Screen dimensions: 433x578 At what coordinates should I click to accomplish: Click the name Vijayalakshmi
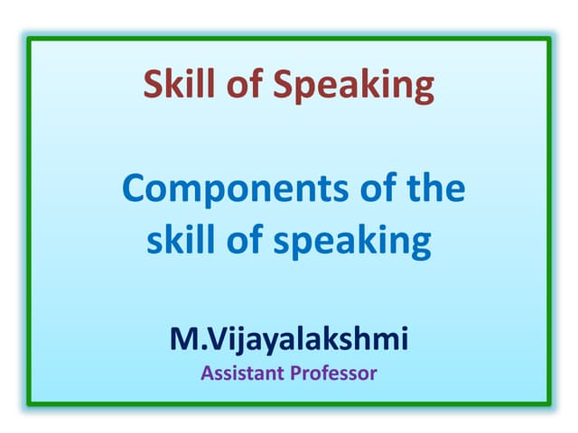pyautogui.click(x=309, y=340)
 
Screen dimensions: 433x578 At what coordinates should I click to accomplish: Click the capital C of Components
pyautogui.click(x=134, y=191)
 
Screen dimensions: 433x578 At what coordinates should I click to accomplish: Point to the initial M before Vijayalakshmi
pyautogui.click(x=183, y=339)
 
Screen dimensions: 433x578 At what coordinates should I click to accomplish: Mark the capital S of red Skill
pyautogui.click(x=153, y=85)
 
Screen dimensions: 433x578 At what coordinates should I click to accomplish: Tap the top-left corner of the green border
pyautogui.click(x=28, y=39)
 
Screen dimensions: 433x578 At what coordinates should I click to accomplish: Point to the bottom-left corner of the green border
pyautogui.click(x=28, y=403)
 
